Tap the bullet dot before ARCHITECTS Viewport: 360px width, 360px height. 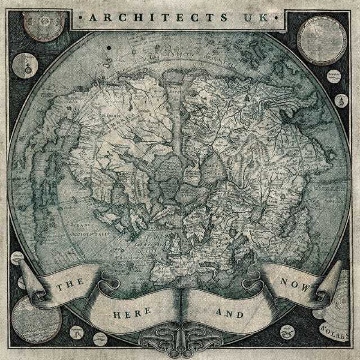click(x=81, y=18)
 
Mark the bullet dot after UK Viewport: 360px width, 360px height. click(x=276, y=18)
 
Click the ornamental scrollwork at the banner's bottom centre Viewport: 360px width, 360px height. click(x=180, y=339)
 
